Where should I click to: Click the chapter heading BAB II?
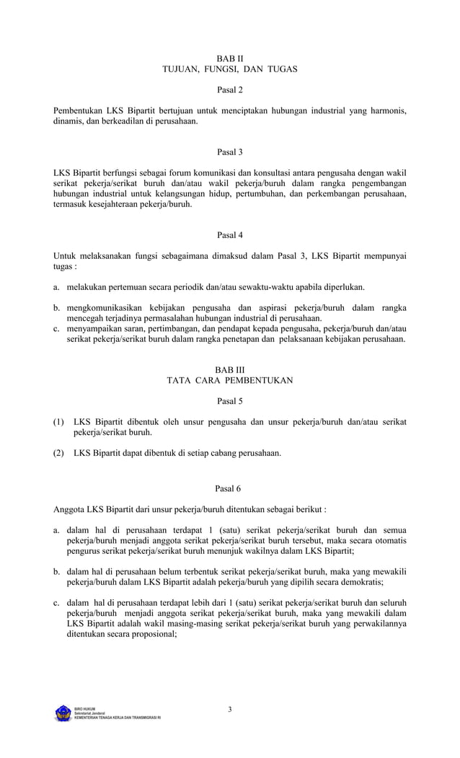point(230,57)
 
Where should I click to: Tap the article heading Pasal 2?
point(230,90)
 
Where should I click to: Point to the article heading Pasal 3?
point(230,152)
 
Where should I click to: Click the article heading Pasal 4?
point(230,235)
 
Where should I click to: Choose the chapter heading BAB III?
point(230,369)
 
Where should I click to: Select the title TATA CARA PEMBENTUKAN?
point(230,380)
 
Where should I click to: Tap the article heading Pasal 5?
point(230,401)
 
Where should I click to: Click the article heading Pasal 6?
point(230,488)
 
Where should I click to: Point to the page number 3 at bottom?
point(230,710)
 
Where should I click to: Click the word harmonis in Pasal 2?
point(386,111)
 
